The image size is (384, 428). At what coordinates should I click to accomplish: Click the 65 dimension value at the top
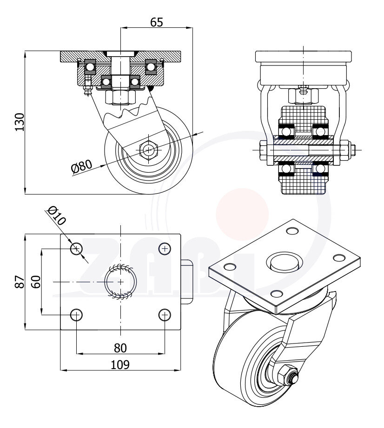point(157,22)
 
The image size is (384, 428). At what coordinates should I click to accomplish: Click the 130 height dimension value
point(20,122)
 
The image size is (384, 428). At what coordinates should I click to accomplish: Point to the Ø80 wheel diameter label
point(82,166)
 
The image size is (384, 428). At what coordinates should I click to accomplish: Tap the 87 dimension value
point(20,282)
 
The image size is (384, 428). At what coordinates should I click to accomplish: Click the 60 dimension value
point(36,282)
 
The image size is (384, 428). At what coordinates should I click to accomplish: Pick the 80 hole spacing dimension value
point(120,347)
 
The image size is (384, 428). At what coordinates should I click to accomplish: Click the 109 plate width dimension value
point(120,364)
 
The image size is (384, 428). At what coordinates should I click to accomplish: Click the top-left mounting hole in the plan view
point(76,249)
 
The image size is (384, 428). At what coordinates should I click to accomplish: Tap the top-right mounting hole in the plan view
point(164,249)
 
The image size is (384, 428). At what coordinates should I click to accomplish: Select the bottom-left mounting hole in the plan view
point(76,315)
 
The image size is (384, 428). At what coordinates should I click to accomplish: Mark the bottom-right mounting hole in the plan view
point(164,315)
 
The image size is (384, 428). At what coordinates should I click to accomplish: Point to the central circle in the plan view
point(120,281)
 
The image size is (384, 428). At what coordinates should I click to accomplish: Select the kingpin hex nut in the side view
point(120,97)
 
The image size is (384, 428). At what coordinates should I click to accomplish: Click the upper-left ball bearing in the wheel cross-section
point(286,131)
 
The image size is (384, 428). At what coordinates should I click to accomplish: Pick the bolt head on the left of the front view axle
point(264,150)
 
